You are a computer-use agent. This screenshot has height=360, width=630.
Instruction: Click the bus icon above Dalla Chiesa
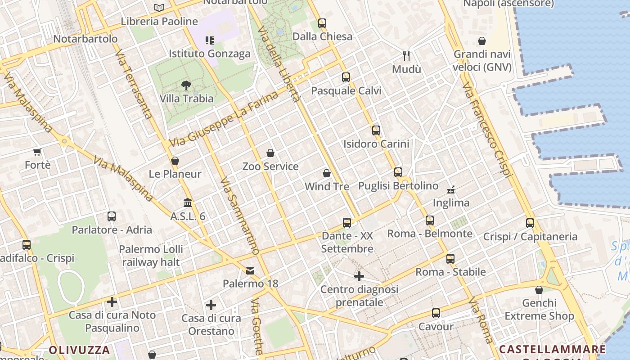point(322,23)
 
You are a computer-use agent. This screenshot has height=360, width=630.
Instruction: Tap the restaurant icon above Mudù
point(406,56)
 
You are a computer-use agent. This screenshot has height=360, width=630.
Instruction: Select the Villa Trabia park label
point(186,98)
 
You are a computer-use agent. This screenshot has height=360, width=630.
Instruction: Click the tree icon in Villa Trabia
point(186,85)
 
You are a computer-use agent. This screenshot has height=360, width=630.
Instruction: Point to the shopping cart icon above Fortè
point(37,152)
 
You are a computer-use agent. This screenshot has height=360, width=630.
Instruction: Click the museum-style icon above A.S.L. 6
point(188,203)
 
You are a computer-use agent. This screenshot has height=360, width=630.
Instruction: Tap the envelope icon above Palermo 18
point(250,270)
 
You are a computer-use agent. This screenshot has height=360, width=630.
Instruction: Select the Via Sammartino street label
point(240,216)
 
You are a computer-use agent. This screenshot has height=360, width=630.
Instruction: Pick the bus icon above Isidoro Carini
point(376,130)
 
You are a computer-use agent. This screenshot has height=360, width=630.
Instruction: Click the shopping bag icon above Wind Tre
point(327,173)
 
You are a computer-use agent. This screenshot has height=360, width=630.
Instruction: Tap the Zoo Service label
point(270,166)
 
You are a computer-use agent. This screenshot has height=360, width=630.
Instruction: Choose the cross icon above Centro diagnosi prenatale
point(359,276)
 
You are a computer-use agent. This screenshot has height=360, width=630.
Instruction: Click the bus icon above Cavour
point(436,313)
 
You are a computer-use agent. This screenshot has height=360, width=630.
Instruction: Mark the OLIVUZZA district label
point(79,350)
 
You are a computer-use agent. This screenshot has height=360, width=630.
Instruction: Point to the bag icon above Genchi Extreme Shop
point(539,290)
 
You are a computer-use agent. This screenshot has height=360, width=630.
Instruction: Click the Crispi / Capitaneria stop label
point(530,237)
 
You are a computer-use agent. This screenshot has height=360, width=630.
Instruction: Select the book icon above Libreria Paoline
point(159,8)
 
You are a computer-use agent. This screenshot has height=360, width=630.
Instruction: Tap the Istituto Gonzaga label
point(209,54)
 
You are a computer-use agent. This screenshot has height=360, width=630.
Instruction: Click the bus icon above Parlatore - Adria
point(112,216)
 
